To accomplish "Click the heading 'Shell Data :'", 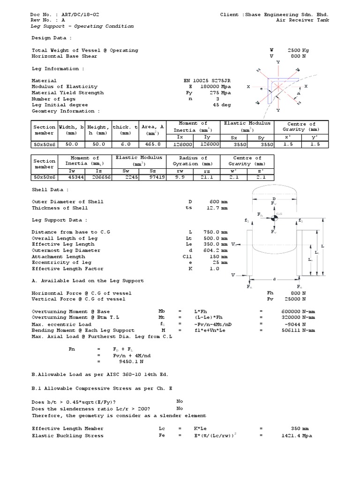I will (x=50, y=190).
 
